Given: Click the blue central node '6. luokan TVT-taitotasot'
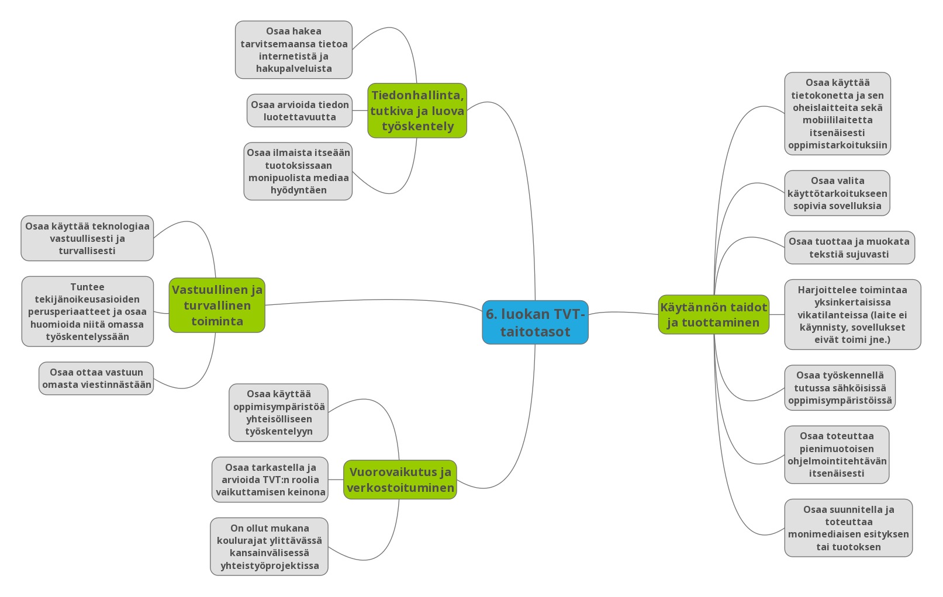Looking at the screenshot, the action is coord(535,322).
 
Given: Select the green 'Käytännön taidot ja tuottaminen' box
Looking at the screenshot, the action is coord(714,315).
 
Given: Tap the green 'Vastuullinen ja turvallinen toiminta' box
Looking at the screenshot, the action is coord(217,305).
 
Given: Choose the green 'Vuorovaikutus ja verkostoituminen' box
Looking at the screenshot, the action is coord(400,480).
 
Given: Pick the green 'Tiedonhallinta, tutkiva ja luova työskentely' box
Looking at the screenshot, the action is coord(417,110).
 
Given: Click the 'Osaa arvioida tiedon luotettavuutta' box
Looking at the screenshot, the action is coord(299,110).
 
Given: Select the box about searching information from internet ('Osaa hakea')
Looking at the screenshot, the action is coord(293,50).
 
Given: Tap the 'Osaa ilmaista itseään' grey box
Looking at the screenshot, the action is coord(298,171).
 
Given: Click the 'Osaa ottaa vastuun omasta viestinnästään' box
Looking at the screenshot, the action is coord(96,378).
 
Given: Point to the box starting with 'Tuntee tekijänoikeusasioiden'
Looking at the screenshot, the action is coord(88,311).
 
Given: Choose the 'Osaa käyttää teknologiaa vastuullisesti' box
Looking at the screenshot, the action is coord(87,238).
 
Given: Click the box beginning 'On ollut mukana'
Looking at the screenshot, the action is coord(269,547).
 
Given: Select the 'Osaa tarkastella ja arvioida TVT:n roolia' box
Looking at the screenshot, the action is coord(270,480).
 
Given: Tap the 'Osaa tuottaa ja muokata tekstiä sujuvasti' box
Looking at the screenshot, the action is coord(849,247).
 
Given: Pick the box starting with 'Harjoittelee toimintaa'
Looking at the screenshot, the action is coord(852,314).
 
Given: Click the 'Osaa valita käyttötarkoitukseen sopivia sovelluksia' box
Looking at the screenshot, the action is coord(837,193).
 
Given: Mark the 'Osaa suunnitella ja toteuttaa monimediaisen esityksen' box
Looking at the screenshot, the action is coord(848,528).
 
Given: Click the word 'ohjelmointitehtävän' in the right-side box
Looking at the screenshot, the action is coord(837,461).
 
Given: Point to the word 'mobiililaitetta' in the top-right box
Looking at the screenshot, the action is coord(837,120).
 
